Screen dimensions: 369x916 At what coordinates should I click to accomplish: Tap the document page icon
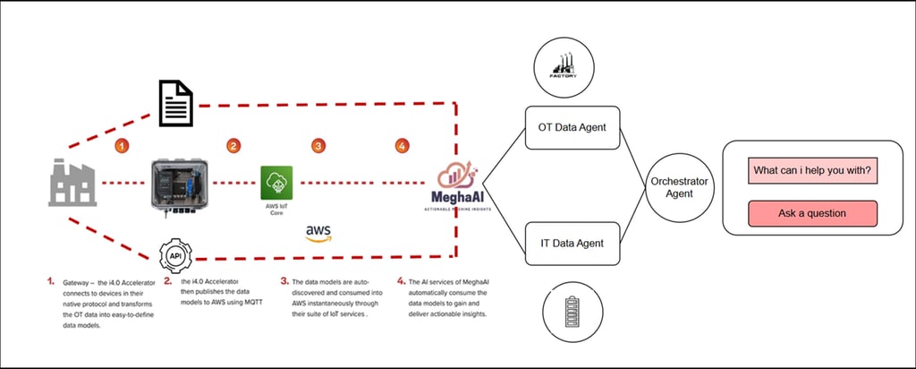click(x=177, y=102)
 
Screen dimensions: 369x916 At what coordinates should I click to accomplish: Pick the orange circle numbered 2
click(x=233, y=145)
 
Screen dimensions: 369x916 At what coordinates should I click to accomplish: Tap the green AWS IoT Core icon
click(x=275, y=183)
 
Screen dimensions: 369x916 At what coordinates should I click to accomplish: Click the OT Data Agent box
click(x=572, y=127)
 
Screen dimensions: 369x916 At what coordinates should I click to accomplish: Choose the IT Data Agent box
click(x=572, y=243)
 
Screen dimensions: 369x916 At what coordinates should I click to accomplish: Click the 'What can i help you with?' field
click(x=812, y=170)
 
